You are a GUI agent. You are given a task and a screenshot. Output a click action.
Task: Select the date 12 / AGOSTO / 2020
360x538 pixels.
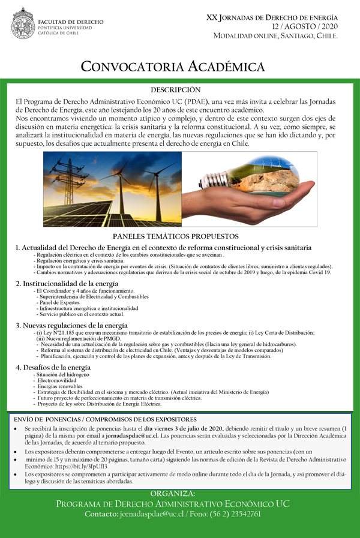tap(305, 26)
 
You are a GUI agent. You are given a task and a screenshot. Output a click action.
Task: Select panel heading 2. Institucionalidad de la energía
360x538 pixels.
tap(67, 283)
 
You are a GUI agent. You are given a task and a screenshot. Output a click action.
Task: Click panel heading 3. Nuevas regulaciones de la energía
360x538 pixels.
tap(72, 326)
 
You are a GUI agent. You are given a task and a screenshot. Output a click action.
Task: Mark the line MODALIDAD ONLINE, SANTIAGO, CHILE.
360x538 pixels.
tap(276, 36)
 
